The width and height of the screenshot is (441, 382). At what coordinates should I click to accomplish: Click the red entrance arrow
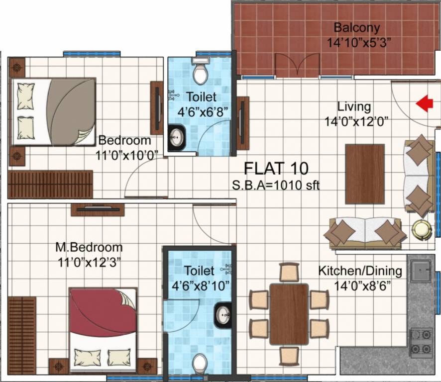pos(424,104)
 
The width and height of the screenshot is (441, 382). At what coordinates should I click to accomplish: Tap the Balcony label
pos(356,27)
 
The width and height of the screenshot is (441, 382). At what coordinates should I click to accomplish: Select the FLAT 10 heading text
pos(276,168)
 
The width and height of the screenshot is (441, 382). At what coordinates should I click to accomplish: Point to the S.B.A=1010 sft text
pos(275,186)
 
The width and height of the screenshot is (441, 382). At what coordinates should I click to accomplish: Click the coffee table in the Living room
pos(365,174)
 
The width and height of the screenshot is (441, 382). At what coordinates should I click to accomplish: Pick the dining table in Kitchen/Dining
pos(289,314)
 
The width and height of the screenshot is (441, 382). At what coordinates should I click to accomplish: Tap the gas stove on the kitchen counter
pos(421,342)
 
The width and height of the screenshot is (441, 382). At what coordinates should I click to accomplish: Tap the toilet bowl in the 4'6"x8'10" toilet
pos(200,365)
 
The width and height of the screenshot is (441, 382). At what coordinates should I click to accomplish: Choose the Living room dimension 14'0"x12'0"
pos(356,120)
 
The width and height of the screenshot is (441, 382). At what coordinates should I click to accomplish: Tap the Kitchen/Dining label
pos(360,271)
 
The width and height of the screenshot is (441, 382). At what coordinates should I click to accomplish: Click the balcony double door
pos(297,65)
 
